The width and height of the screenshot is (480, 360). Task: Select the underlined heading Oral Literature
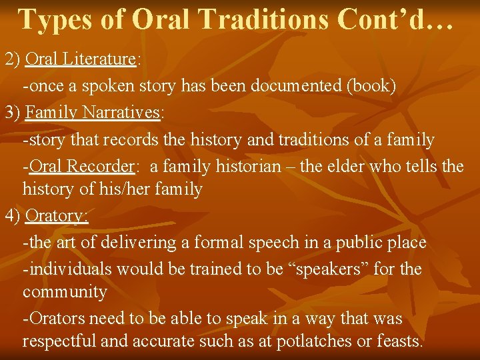[80, 59]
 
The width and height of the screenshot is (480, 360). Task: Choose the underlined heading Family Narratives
[93, 113]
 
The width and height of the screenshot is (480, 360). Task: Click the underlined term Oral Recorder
[82, 165]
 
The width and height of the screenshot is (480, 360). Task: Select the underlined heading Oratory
[56, 217]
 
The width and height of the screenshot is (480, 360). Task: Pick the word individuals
[70, 269]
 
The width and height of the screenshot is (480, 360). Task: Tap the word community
[65, 292]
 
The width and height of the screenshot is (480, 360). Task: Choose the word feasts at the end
[397, 342]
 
